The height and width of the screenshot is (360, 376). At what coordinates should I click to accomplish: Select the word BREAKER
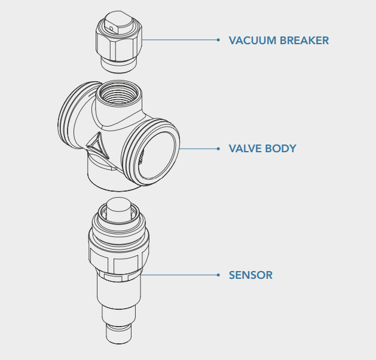click(x=305, y=41)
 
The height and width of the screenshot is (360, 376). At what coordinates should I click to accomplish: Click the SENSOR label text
click(x=250, y=275)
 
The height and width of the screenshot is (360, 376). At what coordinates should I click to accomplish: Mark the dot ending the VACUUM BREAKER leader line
click(x=219, y=40)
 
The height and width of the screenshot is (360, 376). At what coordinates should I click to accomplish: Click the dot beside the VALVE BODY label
click(x=219, y=148)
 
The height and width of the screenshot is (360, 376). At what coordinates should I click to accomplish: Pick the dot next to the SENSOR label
click(x=219, y=275)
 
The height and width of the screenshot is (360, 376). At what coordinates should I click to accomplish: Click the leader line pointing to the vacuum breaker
click(x=179, y=40)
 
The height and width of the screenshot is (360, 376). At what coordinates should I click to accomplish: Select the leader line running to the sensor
click(x=179, y=275)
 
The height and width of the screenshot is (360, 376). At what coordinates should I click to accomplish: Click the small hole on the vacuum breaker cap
click(x=110, y=26)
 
